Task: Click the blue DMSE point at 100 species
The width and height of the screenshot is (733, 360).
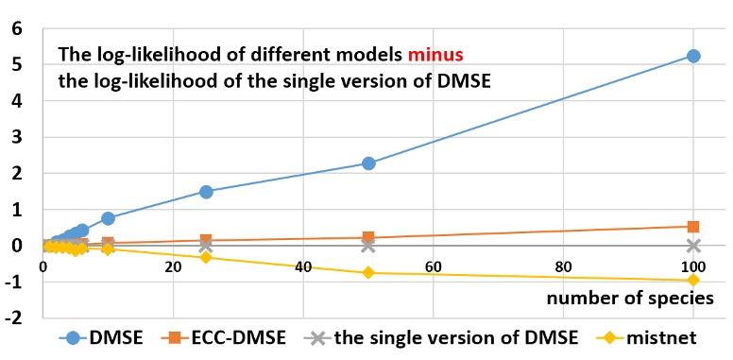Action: (x=693, y=56)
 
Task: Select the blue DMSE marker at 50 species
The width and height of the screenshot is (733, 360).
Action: (x=368, y=163)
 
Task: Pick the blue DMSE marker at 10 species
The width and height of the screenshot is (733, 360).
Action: (x=108, y=218)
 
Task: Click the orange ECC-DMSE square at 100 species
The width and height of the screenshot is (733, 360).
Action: (x=693, y=227)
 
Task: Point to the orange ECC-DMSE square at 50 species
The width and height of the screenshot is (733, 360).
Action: (x=368, y=237)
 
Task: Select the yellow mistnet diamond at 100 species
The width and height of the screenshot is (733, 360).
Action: (x=693, y=280)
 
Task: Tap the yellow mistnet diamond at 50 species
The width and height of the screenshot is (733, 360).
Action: (x=368, y=272)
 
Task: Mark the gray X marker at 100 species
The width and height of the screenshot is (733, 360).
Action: (x=693, y=245)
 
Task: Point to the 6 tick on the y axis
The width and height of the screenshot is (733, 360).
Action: (x=16, y=28)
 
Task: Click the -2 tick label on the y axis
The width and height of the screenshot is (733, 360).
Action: (x=12, y=317)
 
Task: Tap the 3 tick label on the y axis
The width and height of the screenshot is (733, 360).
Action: (x=16, y=137)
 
